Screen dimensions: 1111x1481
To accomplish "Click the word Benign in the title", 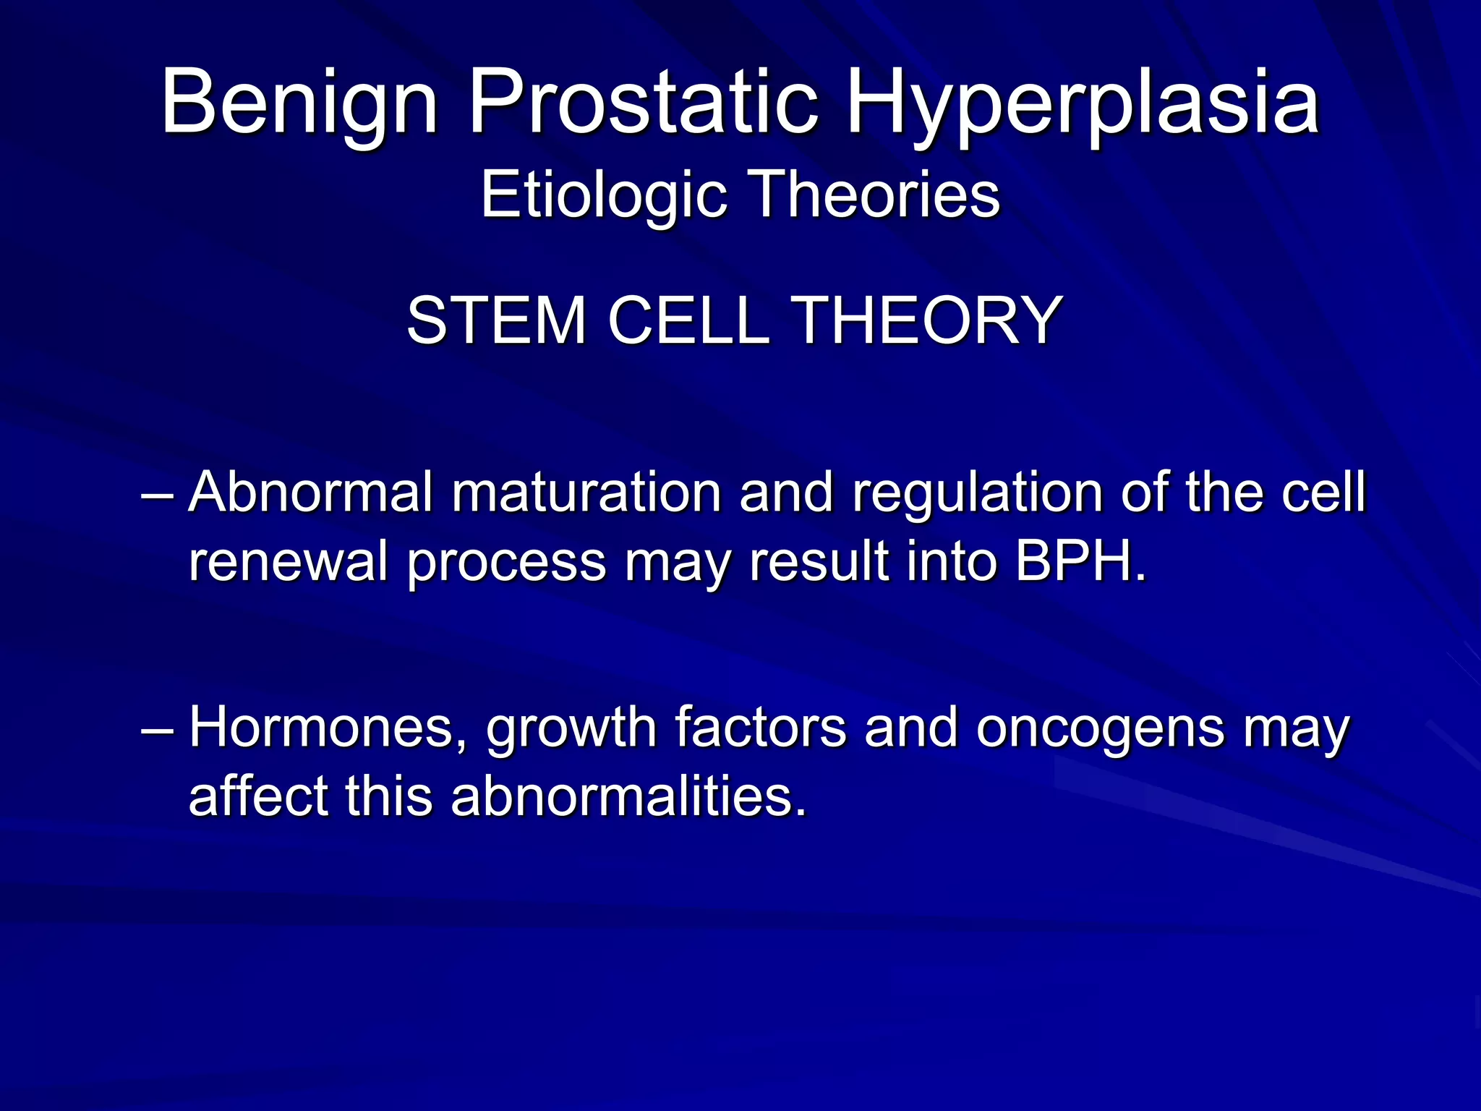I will (299, 103).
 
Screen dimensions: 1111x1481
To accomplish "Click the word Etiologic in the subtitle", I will (603, 195).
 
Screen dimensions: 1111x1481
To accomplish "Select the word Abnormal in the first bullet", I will (310, 493).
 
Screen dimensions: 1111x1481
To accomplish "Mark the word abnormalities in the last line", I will (628, 796).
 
